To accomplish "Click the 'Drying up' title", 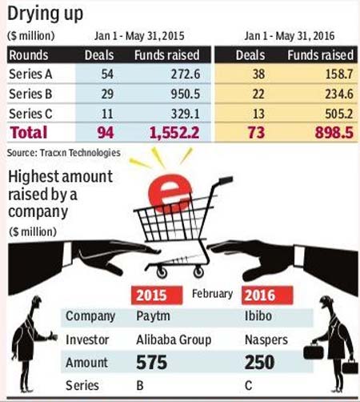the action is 46,14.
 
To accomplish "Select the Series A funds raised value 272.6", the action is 186,74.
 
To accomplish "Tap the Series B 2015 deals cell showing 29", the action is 107,94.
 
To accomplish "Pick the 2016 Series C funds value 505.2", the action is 339,114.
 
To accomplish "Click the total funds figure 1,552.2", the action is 174,133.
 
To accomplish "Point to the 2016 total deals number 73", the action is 256,133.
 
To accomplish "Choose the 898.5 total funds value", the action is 334,133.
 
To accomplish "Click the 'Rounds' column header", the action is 29,55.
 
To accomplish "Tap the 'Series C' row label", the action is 30,114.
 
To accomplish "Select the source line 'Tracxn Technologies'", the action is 80,153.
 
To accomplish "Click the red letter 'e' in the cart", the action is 170,193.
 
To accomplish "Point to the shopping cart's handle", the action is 226,180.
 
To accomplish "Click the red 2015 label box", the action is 157,295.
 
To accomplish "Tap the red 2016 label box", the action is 267,295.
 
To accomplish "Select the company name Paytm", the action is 153,316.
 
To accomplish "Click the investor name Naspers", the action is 266,340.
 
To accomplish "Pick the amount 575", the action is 152,362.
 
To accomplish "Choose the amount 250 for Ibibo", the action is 259,362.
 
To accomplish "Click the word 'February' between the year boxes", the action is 212,294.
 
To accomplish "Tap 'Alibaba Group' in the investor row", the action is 174,340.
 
